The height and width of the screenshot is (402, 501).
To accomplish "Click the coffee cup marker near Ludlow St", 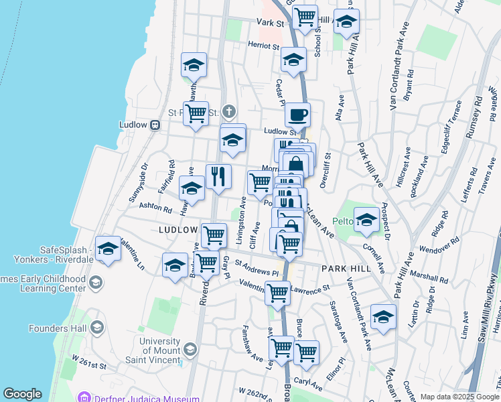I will [298, 115].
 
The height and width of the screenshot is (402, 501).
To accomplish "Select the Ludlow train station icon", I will [155, 125].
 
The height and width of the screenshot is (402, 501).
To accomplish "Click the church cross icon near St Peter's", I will [229, 111].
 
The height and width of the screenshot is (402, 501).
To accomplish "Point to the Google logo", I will [22, 394].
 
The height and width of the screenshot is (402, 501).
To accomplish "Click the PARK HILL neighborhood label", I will [345, 268].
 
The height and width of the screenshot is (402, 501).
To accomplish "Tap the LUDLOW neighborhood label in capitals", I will [178, 229].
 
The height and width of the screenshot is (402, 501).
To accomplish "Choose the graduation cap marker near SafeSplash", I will [107, 249].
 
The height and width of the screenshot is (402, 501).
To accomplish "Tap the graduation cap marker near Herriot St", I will [293, 60].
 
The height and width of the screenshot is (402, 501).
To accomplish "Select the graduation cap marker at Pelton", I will [366, 220].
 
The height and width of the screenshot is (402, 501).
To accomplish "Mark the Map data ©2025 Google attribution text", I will [459, 397].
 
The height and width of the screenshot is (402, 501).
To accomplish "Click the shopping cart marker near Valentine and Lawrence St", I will [277, 292].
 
